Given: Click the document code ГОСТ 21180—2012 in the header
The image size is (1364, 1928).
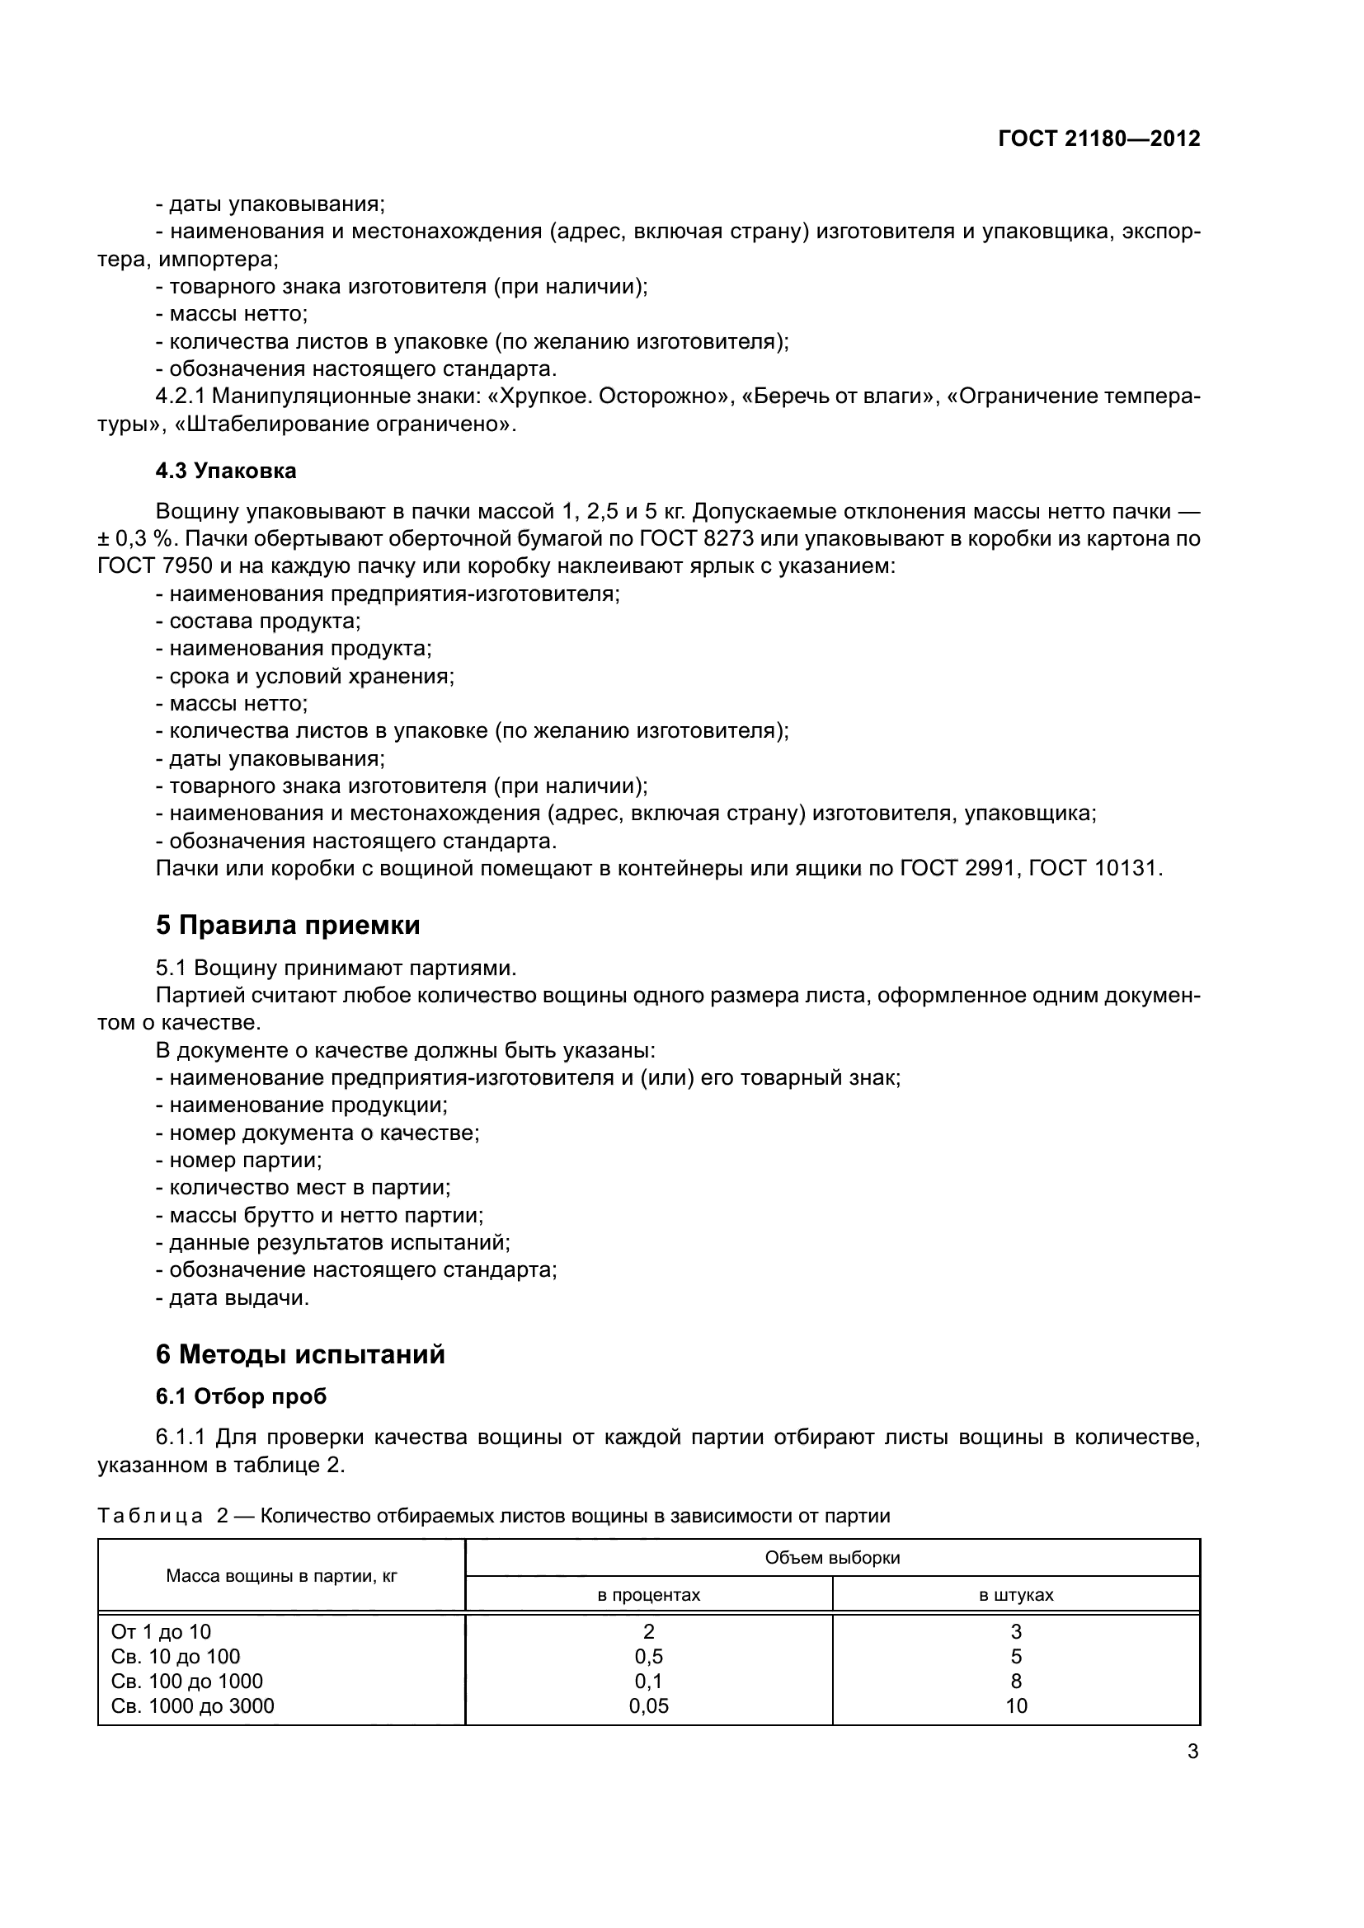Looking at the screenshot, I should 1098,138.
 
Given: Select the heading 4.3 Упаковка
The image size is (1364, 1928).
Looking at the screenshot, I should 226,471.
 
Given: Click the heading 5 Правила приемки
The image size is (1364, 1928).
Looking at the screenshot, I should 287,926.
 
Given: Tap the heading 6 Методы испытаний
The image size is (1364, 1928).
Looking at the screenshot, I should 300,1354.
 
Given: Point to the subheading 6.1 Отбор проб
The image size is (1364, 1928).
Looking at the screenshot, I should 241,1396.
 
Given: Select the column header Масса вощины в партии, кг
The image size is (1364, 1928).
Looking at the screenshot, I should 281,1576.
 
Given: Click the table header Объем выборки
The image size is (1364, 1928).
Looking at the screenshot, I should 832,1558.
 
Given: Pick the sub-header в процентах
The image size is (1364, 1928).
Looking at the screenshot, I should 648,1595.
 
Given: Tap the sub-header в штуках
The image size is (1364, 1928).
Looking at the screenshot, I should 1016,1595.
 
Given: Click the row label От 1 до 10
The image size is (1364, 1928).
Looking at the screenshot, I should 162,1631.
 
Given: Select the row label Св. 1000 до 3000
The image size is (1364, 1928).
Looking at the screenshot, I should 193,1705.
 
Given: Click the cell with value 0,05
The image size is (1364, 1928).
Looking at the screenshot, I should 648,1705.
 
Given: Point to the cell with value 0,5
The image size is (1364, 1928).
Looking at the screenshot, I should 648,1656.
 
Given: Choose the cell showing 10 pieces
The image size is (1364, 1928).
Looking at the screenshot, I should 1016,1705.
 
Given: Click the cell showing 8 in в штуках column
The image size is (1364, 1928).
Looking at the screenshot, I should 1016,1681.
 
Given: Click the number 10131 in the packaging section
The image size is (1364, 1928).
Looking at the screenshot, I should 1128,868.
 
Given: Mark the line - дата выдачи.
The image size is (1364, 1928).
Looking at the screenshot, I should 233,1297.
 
